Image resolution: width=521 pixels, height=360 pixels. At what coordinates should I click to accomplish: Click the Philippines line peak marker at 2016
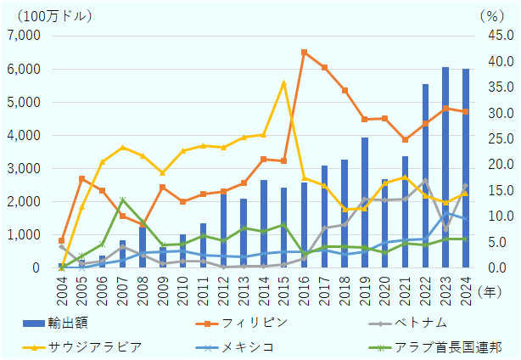click(x=304, y=53)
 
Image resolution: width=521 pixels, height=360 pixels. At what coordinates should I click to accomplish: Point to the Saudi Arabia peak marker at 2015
click(x=283, y=83)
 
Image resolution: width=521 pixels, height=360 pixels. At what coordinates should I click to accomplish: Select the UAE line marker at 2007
click(x=122, y=200)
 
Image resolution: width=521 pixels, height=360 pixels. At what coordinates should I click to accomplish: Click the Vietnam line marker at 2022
click(x=425, y=181)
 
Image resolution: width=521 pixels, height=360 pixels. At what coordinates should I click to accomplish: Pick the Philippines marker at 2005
click(x=81, y=179)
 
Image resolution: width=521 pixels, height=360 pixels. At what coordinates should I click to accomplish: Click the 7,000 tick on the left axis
click(x=24, y=36)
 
